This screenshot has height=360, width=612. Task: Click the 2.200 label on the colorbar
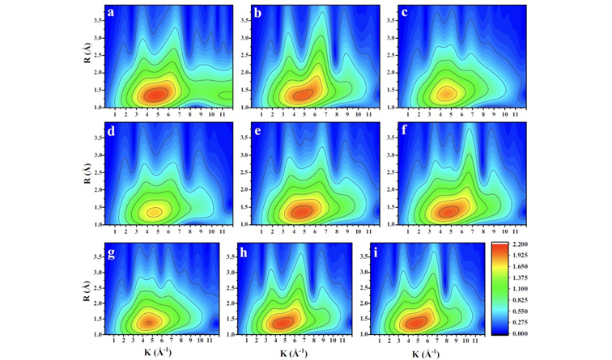[x=521, y=244]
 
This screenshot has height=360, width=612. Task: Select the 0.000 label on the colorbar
[x=521, y=333]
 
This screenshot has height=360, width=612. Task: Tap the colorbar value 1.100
[x=521, y=289]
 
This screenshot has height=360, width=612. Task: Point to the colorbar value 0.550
[x=521, y=311]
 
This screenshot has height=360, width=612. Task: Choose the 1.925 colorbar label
[x=521, y=255]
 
